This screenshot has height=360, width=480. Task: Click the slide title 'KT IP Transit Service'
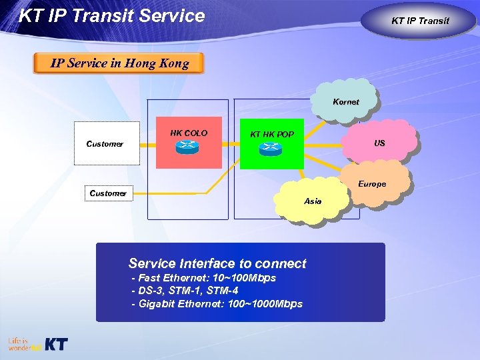[111, 16]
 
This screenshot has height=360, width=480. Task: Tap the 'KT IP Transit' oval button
[420, 21]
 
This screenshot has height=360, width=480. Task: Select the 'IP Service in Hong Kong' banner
[119, 63]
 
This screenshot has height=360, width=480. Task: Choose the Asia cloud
[312, 201]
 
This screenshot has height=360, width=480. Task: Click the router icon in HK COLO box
[189, 149]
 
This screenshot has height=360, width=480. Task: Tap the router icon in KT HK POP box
[271, 149]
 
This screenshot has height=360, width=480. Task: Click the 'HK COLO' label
[189, 133]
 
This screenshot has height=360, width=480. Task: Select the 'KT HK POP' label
[272, 135]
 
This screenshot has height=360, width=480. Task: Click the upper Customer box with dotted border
[107, 143]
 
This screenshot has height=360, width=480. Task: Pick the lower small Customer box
[107, 193]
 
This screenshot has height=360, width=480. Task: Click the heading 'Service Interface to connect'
[217, 263]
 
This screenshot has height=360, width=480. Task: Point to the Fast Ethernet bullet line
[203, 277]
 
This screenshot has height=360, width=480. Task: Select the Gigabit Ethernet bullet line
[217, 304]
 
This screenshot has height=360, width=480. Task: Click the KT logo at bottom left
[55, 345]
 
